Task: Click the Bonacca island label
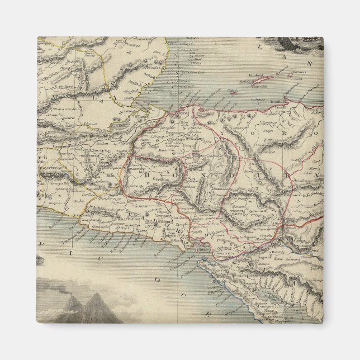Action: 291,72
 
